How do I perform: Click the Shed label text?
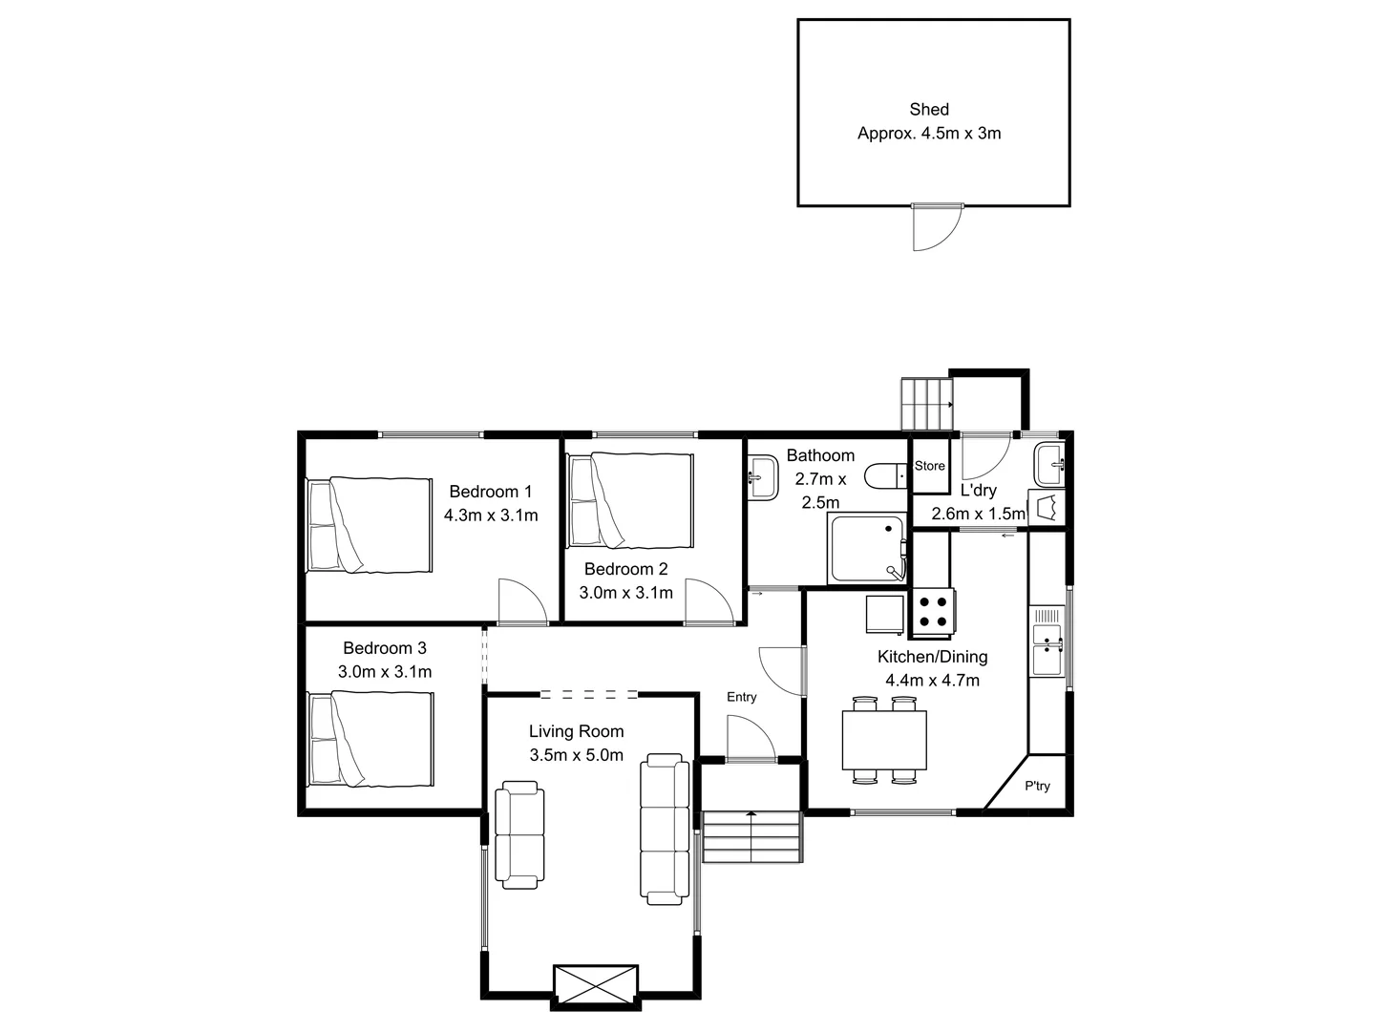[x=928, y=110]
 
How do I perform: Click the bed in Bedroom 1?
[x=369, y=525]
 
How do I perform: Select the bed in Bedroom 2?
[x=629, y=500]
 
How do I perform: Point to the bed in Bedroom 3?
[x=369, y=739]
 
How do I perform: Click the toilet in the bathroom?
[x=884, y=474]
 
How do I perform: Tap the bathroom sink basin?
[x=763, y=475]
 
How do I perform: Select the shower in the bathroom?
[x=867, y=549]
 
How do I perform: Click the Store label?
[x=929, y=466]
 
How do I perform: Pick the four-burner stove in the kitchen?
[x=933, y=612]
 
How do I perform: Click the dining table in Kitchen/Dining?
[x=884, y=740]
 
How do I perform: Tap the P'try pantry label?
[x=1037, y=787]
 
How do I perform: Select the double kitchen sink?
[x=1047, y=646]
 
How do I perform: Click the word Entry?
[x=741, y=697]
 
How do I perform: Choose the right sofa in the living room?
[x=665, y=829]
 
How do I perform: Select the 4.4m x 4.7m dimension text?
[x=932, y=681]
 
